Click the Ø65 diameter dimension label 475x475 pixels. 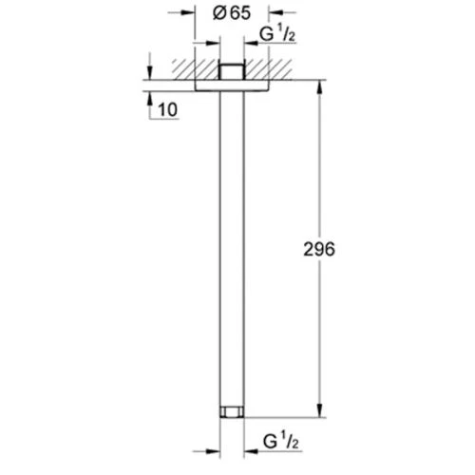[x=232, y=13]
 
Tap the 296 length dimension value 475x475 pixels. [x=319, y=249]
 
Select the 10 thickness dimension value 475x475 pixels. [x=168, y=110]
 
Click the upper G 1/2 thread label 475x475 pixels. [x=277, y=34]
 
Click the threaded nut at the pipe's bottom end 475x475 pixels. [x=232, y=411]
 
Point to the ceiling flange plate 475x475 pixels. [x=232, y=85]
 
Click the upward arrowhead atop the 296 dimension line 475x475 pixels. [x=320, y=87]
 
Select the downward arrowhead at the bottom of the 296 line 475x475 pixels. [x=320, y=410]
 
